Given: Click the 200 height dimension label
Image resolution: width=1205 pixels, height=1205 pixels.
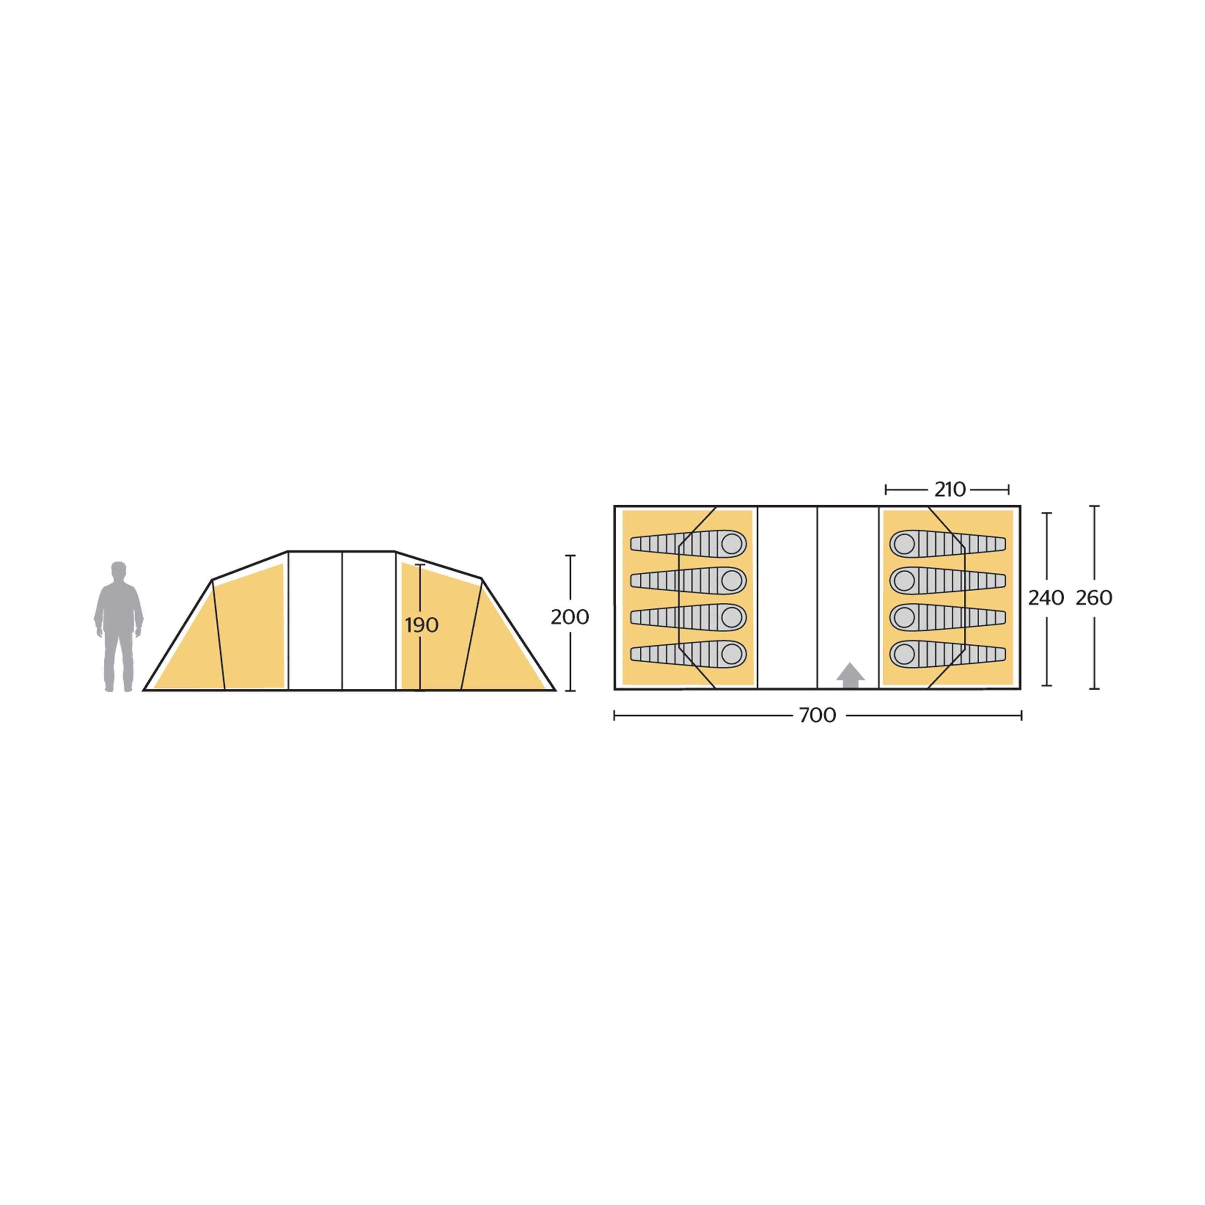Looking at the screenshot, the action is pos(569,617).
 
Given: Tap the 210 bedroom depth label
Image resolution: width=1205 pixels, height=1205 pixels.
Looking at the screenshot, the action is pos(950,490).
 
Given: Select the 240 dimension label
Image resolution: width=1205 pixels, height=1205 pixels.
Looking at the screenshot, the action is pos(1046,598).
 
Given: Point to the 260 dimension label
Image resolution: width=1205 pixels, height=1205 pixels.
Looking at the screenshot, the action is pos(1094,598).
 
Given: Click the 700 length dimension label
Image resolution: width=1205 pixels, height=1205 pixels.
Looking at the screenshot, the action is pos(817,715).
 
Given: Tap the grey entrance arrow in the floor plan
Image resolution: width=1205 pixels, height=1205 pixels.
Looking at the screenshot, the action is pos(850,675).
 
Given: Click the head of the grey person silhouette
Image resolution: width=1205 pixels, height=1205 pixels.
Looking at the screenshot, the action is pos(118,570).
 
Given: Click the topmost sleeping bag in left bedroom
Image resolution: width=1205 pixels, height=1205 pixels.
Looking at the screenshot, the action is pos(689,544).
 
